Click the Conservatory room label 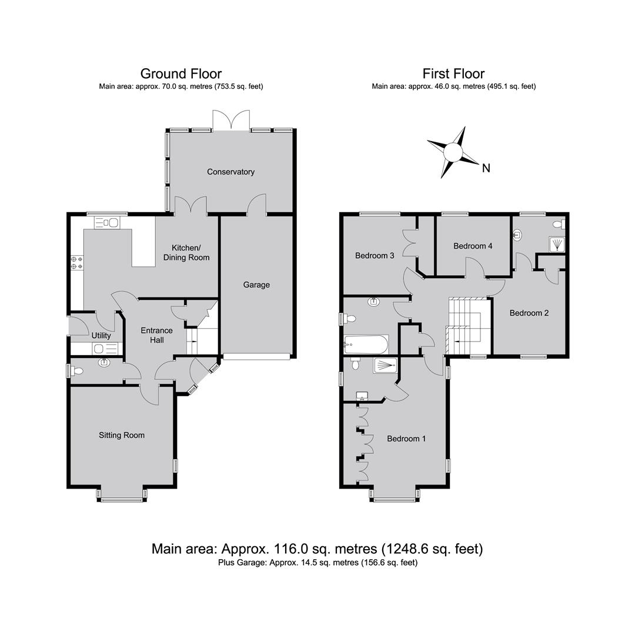pyautogui.click(x=231, y=172)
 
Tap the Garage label pyautogui.click(x=256, y=285)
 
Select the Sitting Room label pyautogui.click(x=122, y=435)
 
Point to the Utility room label pyautogui.click(x=101, y=336)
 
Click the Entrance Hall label pyautogui.click(x=157, y=335)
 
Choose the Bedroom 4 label pyautogui.click(x=473, y=246)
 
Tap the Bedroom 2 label pyautogui.click(x=529, y=313)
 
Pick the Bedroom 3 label pyautogui.click(x=375, y=256)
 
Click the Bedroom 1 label pyautogui.click(x=406, y=439)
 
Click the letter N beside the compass pyautogui.click(x=486, y=168)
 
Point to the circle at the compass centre pyautogui.click(x=453, y=153)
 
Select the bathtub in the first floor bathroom pyautogui.click(x=366, y=345)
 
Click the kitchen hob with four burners pyautogui.click(x=77, y=262)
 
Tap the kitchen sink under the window pyautogui.click(x=106, y=222)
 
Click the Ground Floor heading pyautogui.click(x=181, y=73)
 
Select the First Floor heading pyautogui.click(x=453, y=73)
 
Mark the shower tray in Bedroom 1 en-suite pyautogui.click(x=385, y=366)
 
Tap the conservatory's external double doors pyautogui.click(x=231, y=121)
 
